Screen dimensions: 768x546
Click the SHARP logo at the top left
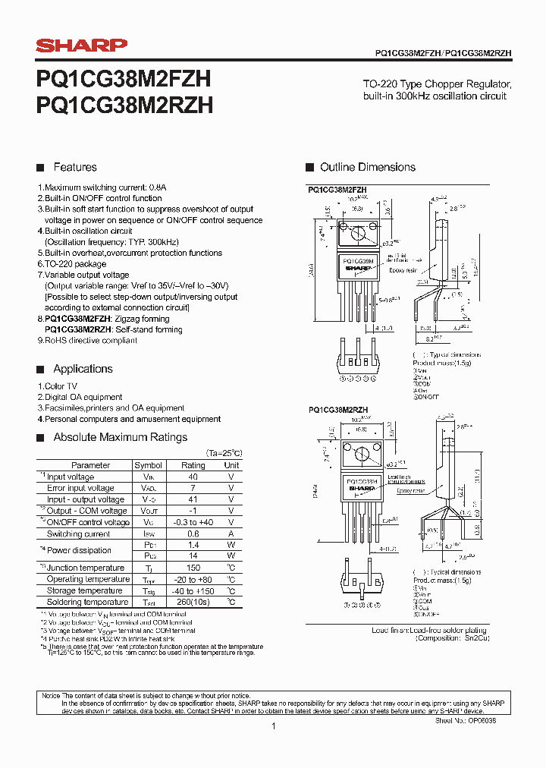point(82,46)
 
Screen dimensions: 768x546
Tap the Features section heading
point(74,167)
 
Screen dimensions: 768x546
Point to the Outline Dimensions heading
point(367,167)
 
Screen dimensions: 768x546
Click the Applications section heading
point(83,369)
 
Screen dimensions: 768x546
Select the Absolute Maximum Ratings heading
point(120,437)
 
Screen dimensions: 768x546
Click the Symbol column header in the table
point(148,465)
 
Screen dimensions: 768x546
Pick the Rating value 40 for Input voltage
point(193,477)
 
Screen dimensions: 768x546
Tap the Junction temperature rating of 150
point(193,568)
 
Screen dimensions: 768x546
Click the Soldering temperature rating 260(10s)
point(193,602)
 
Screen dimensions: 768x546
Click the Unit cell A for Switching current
point(231,534)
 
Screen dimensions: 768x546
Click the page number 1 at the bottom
point(273,726)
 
